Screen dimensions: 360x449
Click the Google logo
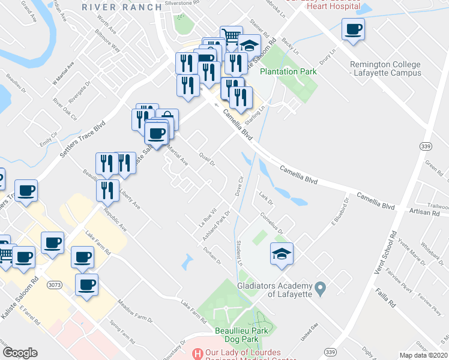pos(20,353)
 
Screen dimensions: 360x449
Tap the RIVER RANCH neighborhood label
pos(122,7)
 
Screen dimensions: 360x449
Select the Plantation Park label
pos(288,71)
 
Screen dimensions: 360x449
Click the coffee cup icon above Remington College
pos(353,28)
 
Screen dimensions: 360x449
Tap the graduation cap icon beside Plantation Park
pos(249,44)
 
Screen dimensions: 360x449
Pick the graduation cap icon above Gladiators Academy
pos(282,253)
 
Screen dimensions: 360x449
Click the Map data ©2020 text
pos(424,355)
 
